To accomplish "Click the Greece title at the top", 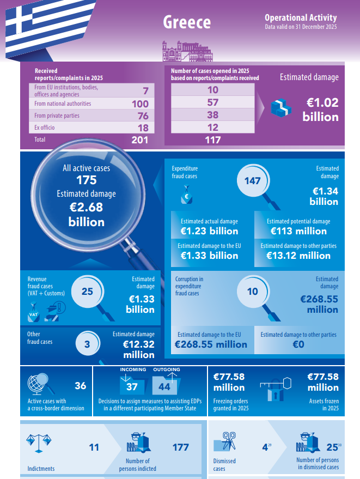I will [187, 22].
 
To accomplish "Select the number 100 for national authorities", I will [140, 104].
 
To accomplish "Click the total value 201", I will [140, 140].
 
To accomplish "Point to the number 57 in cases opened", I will [212, 103].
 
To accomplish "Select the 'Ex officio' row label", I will [45, 128].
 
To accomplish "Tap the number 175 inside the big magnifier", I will [87, 180].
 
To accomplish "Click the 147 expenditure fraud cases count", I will [253, 180].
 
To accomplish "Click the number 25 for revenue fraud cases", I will [87, 292].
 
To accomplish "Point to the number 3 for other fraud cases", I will [87, 344].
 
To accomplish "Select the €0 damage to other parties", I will [298, 344].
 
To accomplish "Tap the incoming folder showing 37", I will [132, 386].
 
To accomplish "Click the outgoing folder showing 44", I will [164, 386].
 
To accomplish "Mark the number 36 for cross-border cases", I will [80, 386].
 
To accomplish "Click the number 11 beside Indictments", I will [94, 447].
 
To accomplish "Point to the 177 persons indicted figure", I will [180, 447].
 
